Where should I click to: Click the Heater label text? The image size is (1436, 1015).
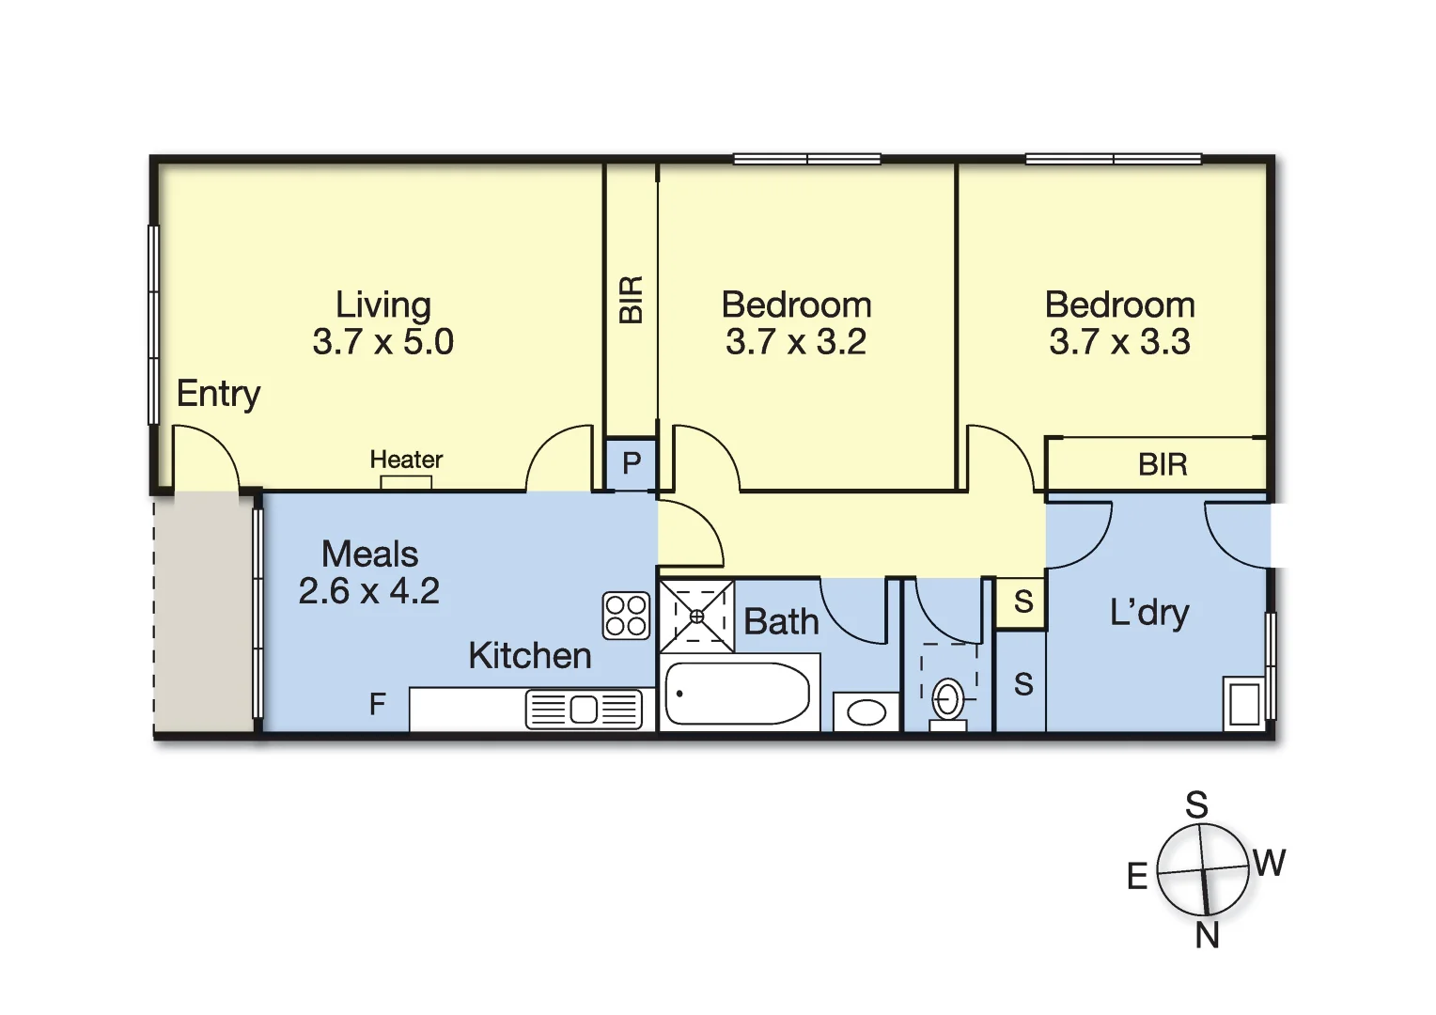[x=406, y=460]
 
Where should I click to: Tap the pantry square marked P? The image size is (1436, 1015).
[x=631, y=463]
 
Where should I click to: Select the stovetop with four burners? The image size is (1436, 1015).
[x=626, y=616]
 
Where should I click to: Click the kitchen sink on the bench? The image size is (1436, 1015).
[x=584, y=709]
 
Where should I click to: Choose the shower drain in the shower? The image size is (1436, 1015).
[x=697, y=617]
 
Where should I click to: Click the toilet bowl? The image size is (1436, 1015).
[x=947, y=700]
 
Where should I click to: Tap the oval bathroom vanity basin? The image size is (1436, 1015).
[x=866, y=712]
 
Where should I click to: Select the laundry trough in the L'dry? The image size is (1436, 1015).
[x=1244, y=704]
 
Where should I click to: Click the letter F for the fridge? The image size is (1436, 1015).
[x=378, y=704]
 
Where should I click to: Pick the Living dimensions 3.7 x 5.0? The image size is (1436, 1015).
[x=383, y=342]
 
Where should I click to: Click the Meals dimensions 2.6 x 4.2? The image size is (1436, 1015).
[x=369, y=591]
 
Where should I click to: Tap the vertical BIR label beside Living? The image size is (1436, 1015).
[x=632, y=300]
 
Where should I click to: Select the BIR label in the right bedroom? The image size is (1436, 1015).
[x=1163, y=464]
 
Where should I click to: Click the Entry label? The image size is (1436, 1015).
[x=218, y=394]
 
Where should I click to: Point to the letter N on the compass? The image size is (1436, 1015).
[x=1208, y=936]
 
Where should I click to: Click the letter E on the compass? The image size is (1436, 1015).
[x=1137, y=877]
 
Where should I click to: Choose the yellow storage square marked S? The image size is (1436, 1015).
[x=1023, y=601]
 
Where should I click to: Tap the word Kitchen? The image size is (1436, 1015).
[x=530, y=656]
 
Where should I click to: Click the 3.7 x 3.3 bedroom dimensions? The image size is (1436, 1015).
[x=1120, y=342]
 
